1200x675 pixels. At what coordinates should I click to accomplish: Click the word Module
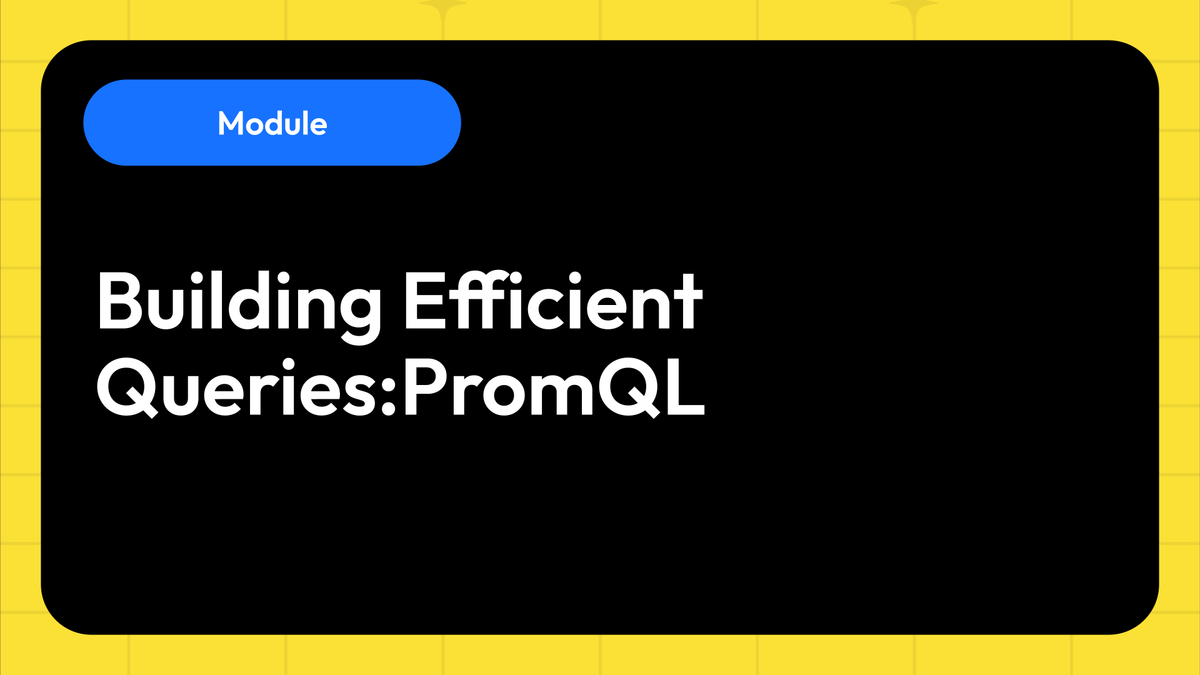tap(272, 123)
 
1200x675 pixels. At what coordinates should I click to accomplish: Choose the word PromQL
tap(554, 387)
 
